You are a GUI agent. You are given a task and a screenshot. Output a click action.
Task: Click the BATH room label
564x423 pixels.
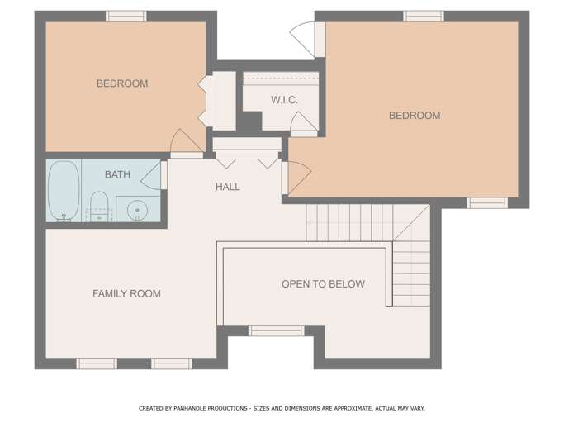117,174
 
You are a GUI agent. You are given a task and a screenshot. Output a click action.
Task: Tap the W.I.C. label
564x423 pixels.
284,100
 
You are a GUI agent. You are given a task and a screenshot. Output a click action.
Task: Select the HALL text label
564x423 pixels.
228,187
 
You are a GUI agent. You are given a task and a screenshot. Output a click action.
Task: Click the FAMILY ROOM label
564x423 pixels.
126,293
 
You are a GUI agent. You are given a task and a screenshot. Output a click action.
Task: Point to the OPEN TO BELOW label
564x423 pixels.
323,284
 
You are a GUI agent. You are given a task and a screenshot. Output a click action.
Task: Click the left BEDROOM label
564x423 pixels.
122,83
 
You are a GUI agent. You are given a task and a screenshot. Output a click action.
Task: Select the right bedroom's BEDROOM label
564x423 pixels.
415,116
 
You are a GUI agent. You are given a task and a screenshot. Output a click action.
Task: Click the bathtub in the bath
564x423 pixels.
64,191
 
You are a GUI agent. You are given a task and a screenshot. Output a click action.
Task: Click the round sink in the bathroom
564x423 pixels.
135,209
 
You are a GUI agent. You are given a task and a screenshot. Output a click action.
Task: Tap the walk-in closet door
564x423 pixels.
303,124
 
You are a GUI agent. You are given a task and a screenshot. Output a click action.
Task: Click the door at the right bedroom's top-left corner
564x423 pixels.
304,39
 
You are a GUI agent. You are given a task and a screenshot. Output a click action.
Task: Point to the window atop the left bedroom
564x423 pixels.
126,17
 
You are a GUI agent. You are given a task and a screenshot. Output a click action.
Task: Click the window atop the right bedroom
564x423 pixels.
423,17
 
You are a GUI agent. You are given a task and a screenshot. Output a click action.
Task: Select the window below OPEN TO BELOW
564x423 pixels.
276,330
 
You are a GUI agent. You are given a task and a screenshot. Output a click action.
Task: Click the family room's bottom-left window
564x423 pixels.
97,364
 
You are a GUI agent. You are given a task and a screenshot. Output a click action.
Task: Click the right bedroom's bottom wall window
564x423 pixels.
487,202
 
